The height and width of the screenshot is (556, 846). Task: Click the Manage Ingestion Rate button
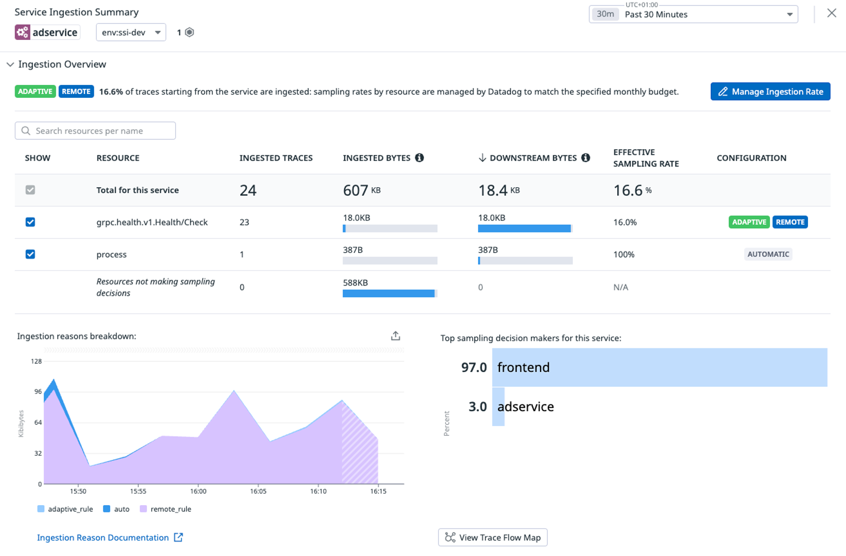[770, 91]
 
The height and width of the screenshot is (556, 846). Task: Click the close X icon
[832, 13]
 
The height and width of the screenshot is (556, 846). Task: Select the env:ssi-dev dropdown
[131, 32]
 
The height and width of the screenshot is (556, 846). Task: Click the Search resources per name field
[95, 131]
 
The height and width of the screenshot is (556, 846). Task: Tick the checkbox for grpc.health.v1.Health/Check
[30, 222]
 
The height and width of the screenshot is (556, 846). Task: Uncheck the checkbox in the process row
[30, 254]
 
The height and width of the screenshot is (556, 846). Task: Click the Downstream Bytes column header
[532, 158]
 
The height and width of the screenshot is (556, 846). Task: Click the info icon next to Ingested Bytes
[420, 158]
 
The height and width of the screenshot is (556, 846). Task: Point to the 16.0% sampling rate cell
[625, 222]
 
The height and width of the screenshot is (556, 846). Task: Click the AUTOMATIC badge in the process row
[768, 254]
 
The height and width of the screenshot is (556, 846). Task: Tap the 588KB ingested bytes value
[355, 282]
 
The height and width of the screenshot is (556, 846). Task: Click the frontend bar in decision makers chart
[659, 367]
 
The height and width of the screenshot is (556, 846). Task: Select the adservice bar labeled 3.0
[498, 406]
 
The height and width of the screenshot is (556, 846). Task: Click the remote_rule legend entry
[165, 509]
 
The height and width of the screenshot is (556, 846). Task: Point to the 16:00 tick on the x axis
[198, 491]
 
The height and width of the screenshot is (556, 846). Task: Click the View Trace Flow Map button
[492, 538]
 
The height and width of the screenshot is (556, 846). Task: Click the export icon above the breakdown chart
[396, 336]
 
